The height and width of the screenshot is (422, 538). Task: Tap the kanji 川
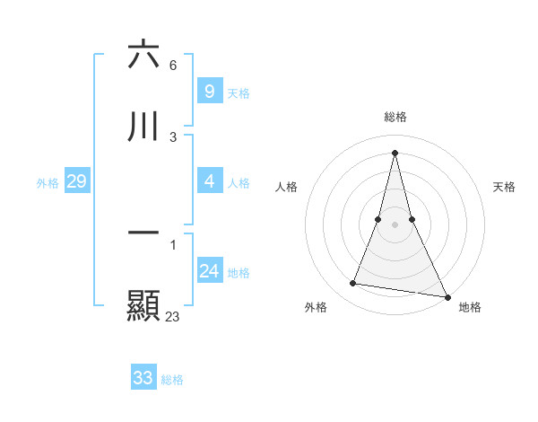click(143, 127)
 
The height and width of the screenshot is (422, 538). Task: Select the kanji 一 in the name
click(143, 233)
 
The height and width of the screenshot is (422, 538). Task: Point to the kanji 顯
click(143, 304)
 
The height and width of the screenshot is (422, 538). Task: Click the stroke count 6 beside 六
click(172, 66)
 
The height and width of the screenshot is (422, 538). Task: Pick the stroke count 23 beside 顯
click(172, 316)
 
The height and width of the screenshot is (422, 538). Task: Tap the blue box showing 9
click(209, 92)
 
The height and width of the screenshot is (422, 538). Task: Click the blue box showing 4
click(209, 181)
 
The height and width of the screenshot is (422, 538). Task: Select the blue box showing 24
click(209, 271)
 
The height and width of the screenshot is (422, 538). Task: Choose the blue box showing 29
click(76, 181)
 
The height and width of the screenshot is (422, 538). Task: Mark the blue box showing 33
click(143, 378)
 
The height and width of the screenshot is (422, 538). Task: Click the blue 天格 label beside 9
click(239, 93)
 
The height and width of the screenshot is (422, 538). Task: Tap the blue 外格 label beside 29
click(48, 183)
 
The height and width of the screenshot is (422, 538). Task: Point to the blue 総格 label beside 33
click(172, 380)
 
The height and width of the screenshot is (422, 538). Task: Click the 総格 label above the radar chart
click(395, 117)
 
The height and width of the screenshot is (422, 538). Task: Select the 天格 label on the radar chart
click(504, 187)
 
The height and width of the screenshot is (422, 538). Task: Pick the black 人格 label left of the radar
click(286, 187)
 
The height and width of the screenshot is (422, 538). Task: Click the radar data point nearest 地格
click(446, 295)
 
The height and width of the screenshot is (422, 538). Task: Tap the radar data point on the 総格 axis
click(395, 152)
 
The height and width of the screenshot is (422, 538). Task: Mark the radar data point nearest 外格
click(352, 284)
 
